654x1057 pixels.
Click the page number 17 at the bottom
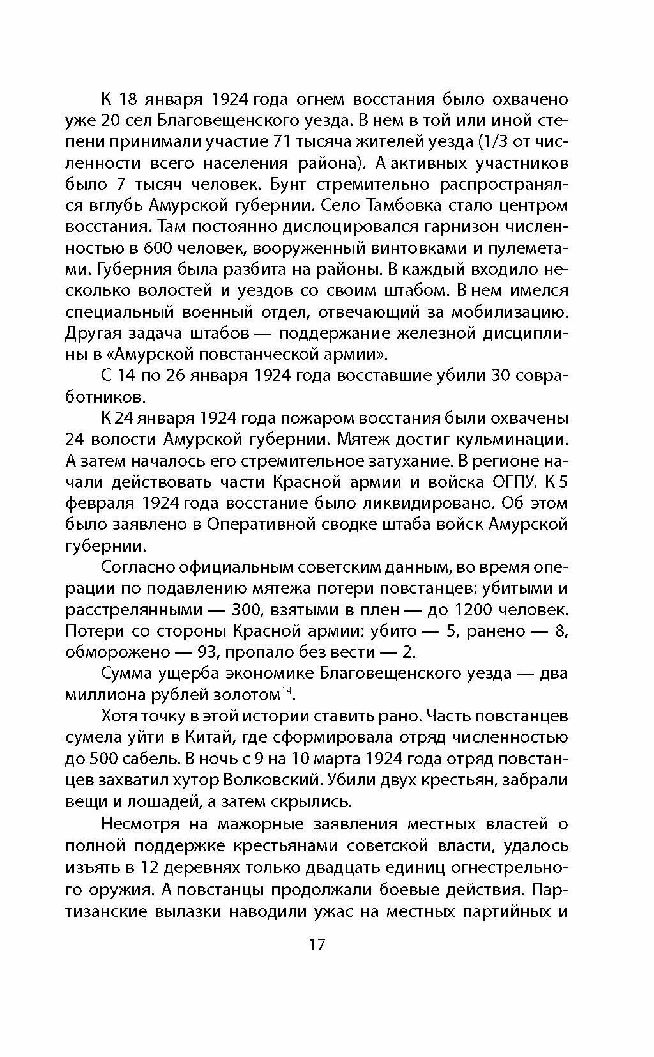317,944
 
